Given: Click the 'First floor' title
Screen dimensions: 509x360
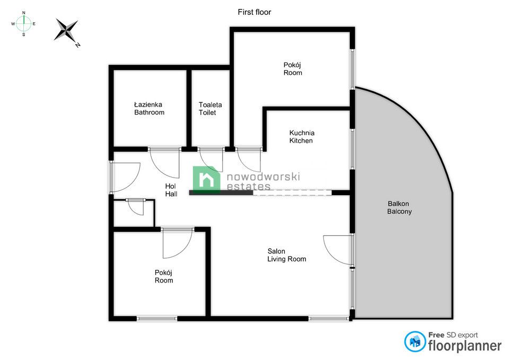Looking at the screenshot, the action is (x=254, y=12).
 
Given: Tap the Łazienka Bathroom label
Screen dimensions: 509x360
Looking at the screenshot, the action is (x=150, y=108).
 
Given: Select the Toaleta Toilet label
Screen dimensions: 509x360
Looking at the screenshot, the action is (x=210, y=108).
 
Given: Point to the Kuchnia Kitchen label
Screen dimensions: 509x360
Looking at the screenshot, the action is (x=302, y=137).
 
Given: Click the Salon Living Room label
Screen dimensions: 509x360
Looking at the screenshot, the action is (x=287, y=255).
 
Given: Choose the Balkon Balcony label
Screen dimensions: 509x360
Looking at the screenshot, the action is (x=399, y=207).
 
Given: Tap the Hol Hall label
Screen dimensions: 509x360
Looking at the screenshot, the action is (x=171, y=190).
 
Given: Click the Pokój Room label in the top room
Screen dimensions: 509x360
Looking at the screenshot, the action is (x=293, y=69).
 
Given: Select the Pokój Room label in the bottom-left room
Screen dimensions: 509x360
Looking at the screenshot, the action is (x=164, y=276).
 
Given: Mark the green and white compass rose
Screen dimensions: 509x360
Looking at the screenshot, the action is (x=24, y=23).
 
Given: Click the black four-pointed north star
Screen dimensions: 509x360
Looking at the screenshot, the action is (x=67, y=31).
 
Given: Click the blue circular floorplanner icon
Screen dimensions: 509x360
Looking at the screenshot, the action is (x=415, y=341).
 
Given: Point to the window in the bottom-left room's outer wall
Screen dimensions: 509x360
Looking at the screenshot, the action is (x=157, y=319).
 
